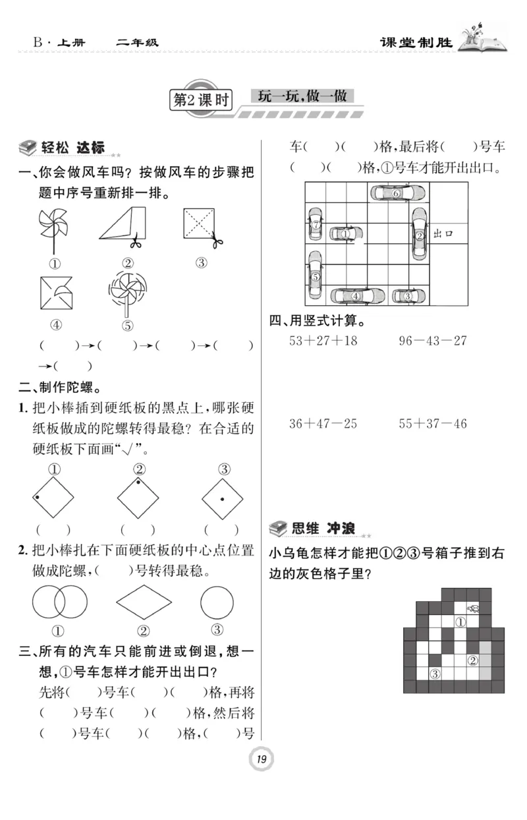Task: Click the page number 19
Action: click(x=262, y=760)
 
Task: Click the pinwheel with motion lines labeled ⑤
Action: click(x=128, y=293)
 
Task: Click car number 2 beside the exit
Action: click(x=419, y=235)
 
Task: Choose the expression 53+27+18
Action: click(x=323, y=340)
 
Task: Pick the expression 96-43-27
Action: click(x=433, y=340)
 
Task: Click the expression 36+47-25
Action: click(x=323, y=423)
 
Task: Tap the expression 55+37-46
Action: click(x=433, y=423)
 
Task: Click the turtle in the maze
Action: click(x=473, y=608)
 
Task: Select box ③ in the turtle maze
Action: click(x=435, y=673)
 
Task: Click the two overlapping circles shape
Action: click(x=59, y=600)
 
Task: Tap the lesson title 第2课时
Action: click(x=200, y=100)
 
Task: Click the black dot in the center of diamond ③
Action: click(x=223, y=500)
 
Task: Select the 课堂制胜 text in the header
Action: click(x=416, y=43)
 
